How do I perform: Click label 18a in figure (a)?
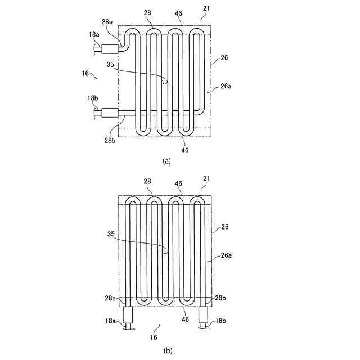point(93,35)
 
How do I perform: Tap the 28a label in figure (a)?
point(107,21)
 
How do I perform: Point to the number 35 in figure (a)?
point(110,65)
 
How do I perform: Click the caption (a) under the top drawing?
point(166,160)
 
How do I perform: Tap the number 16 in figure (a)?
point(85,73)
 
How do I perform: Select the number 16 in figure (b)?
point(154,337)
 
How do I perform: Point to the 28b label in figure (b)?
point(220,298)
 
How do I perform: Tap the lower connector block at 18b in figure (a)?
point(110,114)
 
